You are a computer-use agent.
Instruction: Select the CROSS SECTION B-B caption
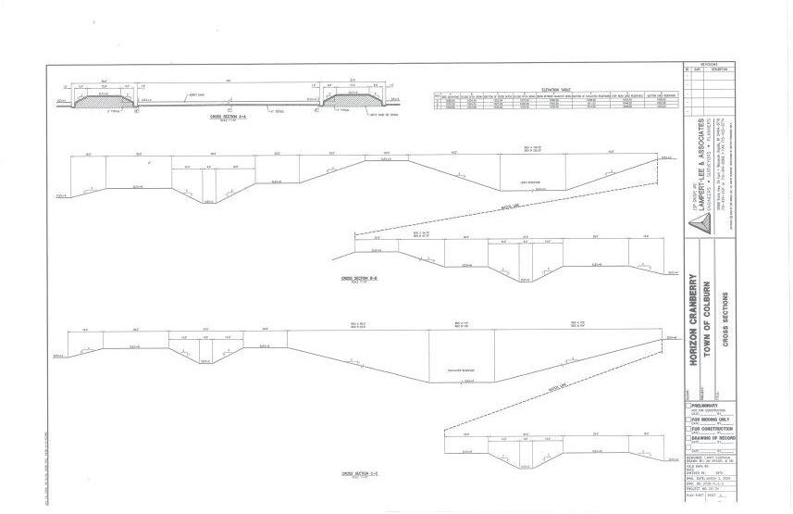(359, 278)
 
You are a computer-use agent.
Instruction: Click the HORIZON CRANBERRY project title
(694, 320)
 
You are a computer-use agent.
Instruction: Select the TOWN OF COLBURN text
(707, 320)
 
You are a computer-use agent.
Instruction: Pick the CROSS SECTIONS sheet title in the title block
(728, 320)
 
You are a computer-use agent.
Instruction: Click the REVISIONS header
(710, 65)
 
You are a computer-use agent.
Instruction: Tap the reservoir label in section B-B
(530, 182)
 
